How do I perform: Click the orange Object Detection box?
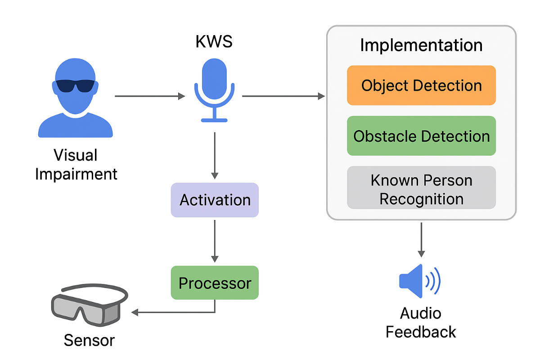(421, 85)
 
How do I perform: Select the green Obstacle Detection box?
(421, 136)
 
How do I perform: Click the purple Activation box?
(215, 200)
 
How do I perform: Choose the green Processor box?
(215, 283)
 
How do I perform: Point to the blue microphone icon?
(214, 90)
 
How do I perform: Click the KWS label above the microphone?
(214, 42)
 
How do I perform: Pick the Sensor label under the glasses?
(89, 340)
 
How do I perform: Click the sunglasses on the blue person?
(75, 85)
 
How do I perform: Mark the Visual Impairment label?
(76, 164)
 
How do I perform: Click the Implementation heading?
(421, 45)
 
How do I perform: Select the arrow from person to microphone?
(149, 96)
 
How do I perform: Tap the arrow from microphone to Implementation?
(283, 96)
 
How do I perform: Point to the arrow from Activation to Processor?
(215, 240)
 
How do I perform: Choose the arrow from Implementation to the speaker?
(421, 238)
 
